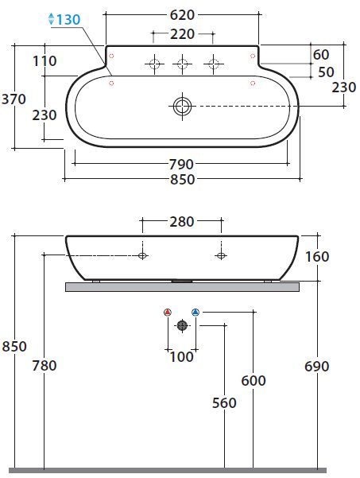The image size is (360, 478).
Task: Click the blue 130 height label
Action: (68, 20)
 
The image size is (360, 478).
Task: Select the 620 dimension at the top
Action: (182, 15)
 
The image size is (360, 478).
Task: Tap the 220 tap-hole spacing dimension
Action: (182, 34)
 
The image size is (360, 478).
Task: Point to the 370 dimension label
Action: (14, 99)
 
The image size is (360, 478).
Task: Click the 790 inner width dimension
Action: (181, 165)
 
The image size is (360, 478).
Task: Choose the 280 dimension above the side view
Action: (182, 222)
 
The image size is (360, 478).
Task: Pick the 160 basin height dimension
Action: (317, 257)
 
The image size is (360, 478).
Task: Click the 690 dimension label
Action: (317, 367)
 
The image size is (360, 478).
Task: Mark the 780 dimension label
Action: (45, 366)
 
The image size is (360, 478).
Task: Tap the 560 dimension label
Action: (224, 403)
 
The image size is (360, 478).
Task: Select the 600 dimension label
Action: (254, 381)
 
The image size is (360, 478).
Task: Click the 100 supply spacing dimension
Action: (181, 357)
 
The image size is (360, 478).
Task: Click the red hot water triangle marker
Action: (168, 312)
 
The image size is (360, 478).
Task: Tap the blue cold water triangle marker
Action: (195, 312)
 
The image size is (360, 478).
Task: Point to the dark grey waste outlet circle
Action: (182, 325)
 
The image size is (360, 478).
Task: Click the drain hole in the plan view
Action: (183, 107)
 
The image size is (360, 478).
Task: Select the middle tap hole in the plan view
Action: (183, 64)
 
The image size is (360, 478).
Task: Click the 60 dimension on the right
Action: (321, 55)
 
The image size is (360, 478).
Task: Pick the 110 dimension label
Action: (45, 61)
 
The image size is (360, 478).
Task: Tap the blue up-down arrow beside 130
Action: (52, 19)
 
